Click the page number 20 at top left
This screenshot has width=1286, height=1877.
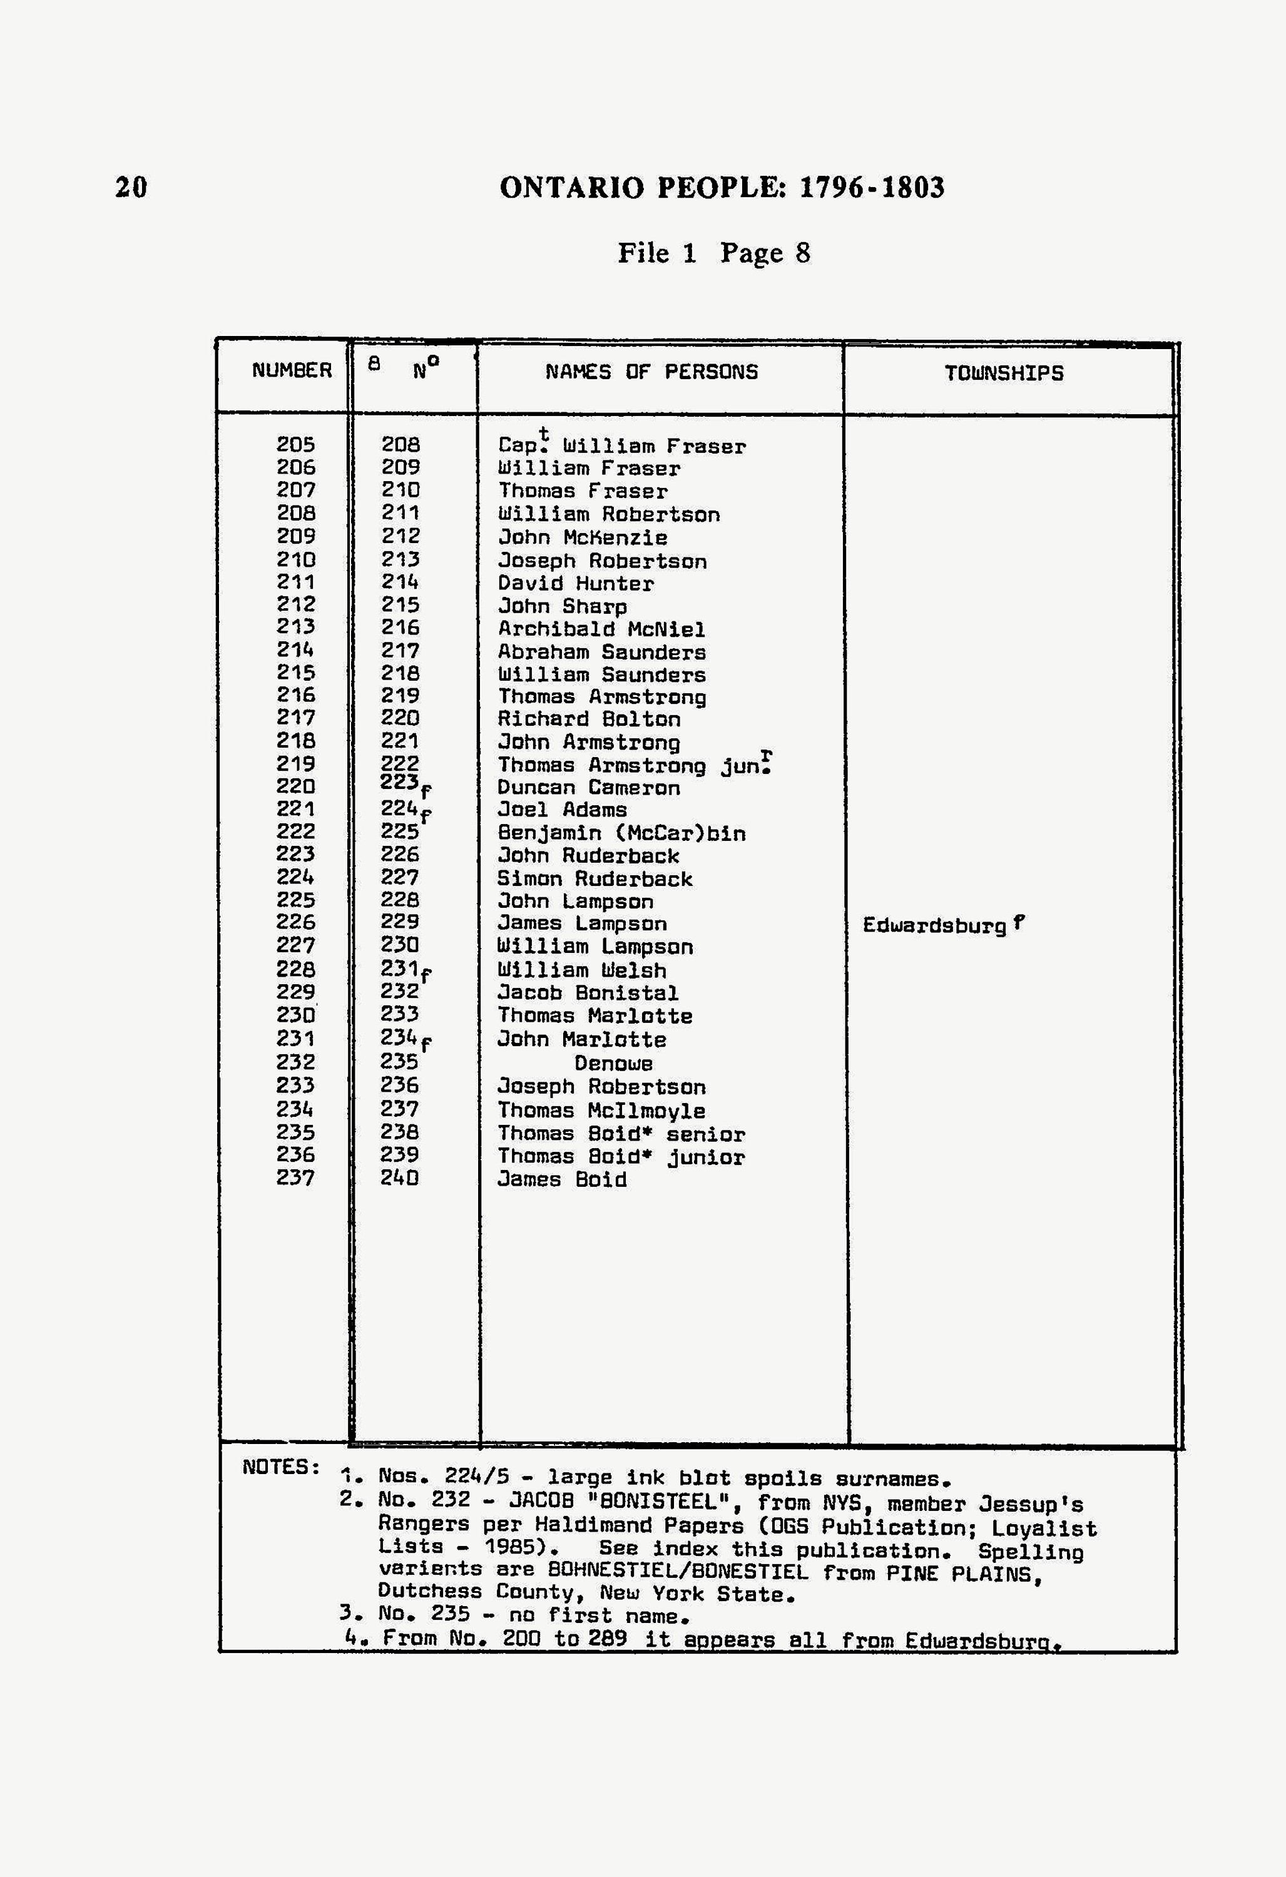131,187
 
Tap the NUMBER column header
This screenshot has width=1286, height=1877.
292,371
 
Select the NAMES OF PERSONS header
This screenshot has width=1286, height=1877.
651,372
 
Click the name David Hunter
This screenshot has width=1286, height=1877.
575,583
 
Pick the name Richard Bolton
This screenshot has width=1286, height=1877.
588,719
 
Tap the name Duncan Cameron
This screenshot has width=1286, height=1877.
588,788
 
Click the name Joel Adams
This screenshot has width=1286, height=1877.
561,809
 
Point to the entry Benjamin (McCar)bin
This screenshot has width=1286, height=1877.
621,833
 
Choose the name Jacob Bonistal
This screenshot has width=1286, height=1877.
587,992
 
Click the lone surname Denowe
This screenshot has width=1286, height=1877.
613,1064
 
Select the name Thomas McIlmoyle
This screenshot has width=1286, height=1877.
601,1111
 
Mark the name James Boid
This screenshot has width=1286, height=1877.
561,1179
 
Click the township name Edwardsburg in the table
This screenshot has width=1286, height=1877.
934,925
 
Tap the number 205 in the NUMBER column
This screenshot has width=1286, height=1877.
295,445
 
